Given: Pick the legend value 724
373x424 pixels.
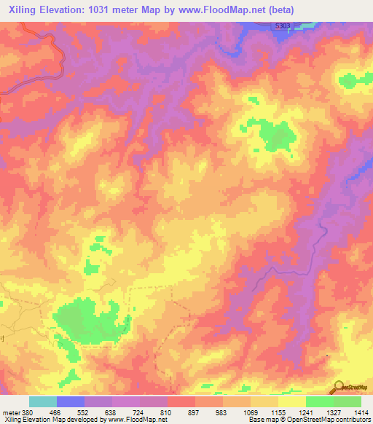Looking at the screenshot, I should point(139,412).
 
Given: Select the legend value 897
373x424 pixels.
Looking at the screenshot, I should point(195,412).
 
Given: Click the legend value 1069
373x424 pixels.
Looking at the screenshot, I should point(251,412).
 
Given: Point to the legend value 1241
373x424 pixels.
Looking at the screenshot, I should point(306,412).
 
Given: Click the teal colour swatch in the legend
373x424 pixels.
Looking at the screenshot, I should point(42,401).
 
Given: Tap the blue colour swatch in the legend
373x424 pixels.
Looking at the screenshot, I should point(70,401).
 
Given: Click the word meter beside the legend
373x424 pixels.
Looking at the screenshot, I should point(10,412).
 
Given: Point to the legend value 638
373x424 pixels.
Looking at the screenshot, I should point(111,412).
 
